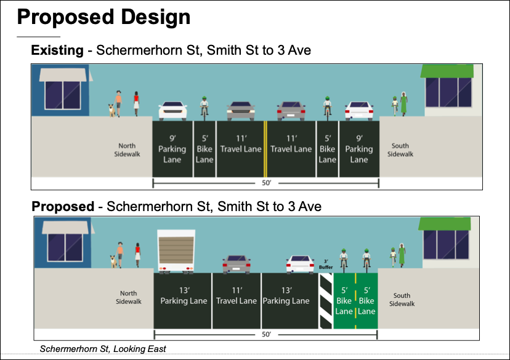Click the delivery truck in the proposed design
coord(176,252)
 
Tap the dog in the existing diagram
coord(111,110)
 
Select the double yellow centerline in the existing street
coord(265,149)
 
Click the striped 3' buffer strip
coord(326,300)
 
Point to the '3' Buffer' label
coord(326,264)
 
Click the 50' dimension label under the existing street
coord(266,183)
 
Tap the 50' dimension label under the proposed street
coord(266,334)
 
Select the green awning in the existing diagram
coord(447,71)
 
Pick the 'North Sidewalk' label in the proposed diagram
coord(129,297)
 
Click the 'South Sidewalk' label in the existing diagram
coord(400,150)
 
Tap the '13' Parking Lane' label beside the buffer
coord(286,295)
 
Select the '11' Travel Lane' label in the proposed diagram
coord(237,295)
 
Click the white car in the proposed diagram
coord(300,264)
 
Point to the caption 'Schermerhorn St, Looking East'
coord(103,349)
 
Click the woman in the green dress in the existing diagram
coord(403,104)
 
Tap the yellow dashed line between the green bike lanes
coord(355,300)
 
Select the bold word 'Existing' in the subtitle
coord(57,50)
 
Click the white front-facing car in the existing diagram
coord(172,111)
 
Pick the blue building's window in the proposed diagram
coord(65,247)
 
